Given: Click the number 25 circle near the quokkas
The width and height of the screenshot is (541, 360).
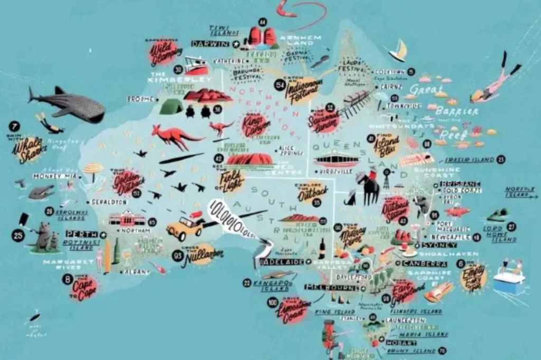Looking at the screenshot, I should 18,235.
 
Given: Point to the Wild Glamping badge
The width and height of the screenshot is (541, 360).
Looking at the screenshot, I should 164,51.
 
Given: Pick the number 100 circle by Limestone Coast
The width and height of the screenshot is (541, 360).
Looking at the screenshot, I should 273,302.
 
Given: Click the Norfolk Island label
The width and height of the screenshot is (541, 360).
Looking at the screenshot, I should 519,191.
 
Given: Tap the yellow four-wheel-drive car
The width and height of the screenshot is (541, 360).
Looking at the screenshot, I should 185,226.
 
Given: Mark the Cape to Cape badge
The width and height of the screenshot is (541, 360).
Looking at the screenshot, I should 84,288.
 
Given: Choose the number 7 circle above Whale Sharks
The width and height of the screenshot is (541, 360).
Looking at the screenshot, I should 14,126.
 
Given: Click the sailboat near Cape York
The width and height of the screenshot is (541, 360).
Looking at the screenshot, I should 398,51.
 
